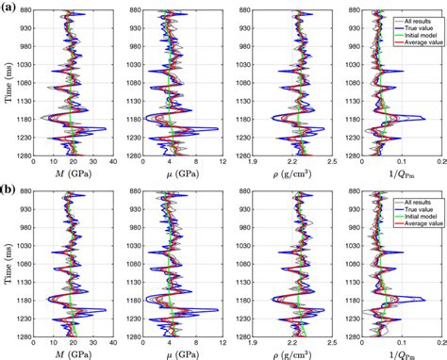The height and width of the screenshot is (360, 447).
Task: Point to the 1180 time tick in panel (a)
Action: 23,118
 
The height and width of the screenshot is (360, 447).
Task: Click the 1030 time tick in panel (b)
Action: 23,250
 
